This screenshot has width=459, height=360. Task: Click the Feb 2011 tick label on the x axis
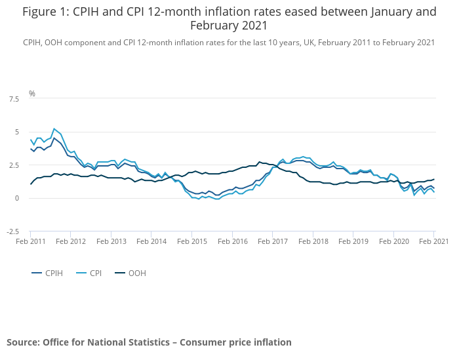coord(30,241)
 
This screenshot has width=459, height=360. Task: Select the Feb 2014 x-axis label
coord(151,241)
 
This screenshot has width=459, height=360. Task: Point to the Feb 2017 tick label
coord(273,241)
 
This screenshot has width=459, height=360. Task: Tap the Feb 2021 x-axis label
coord(433,241)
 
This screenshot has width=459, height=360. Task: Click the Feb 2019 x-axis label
coord(353,241)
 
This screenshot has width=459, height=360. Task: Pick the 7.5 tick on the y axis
coord(14,99)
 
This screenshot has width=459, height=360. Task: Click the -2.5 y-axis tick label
coord(12,231)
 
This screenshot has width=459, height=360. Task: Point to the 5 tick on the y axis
coord(17,132)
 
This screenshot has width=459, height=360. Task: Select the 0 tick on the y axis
coord(17,199)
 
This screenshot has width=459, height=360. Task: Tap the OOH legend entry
coord(136,273)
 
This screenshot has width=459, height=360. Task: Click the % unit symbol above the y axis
coord(32,94)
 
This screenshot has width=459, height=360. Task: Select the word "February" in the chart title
coord(221,26)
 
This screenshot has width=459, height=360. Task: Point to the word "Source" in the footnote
coord(23,342)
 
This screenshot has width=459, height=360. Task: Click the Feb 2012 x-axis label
coord(71,241)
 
